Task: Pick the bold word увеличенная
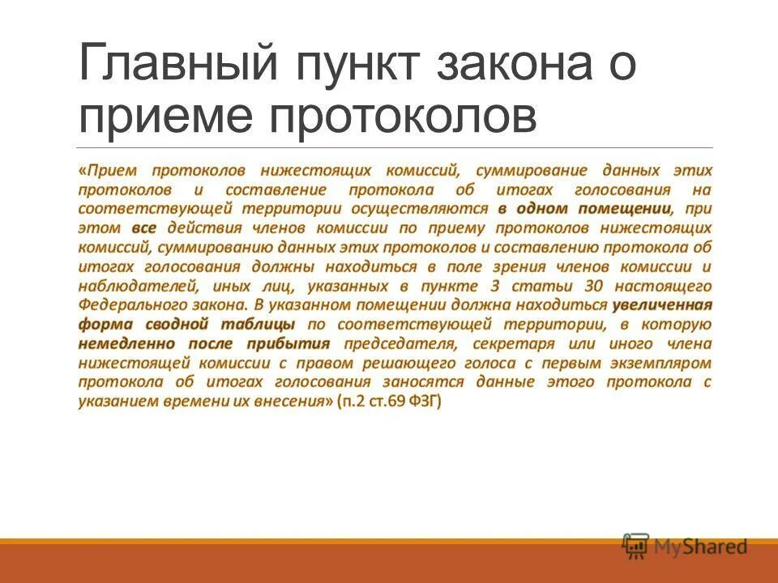(662, 304)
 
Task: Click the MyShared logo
(685, 546)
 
